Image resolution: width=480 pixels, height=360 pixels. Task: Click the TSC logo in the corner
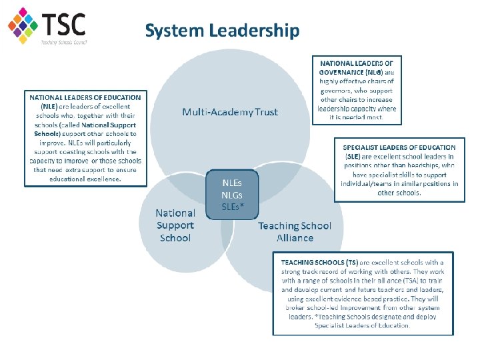click(47, 25)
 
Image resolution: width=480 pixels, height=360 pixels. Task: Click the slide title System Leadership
click(222, 31)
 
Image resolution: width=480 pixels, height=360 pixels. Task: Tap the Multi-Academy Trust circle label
click(230, 112)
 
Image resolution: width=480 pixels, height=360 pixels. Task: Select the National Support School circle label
click(175, 225)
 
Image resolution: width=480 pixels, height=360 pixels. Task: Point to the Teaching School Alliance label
click(295, 232)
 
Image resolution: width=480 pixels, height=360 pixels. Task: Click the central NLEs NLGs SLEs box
click(232, 194)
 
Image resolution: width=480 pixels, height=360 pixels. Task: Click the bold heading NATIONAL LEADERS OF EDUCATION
click(85, 98)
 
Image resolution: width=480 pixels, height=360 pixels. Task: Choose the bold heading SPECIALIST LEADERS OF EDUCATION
click(399, 147)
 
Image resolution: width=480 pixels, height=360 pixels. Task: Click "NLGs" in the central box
click(232, 194)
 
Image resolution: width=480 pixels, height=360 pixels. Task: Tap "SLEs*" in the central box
click(232, 206)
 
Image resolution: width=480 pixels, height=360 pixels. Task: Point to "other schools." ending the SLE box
click(399, 193)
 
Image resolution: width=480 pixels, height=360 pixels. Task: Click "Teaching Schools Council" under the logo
click(64, 41)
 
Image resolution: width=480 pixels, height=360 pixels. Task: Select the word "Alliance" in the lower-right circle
click(295, 238)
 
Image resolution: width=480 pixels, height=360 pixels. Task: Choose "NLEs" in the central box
click(232, 182)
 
